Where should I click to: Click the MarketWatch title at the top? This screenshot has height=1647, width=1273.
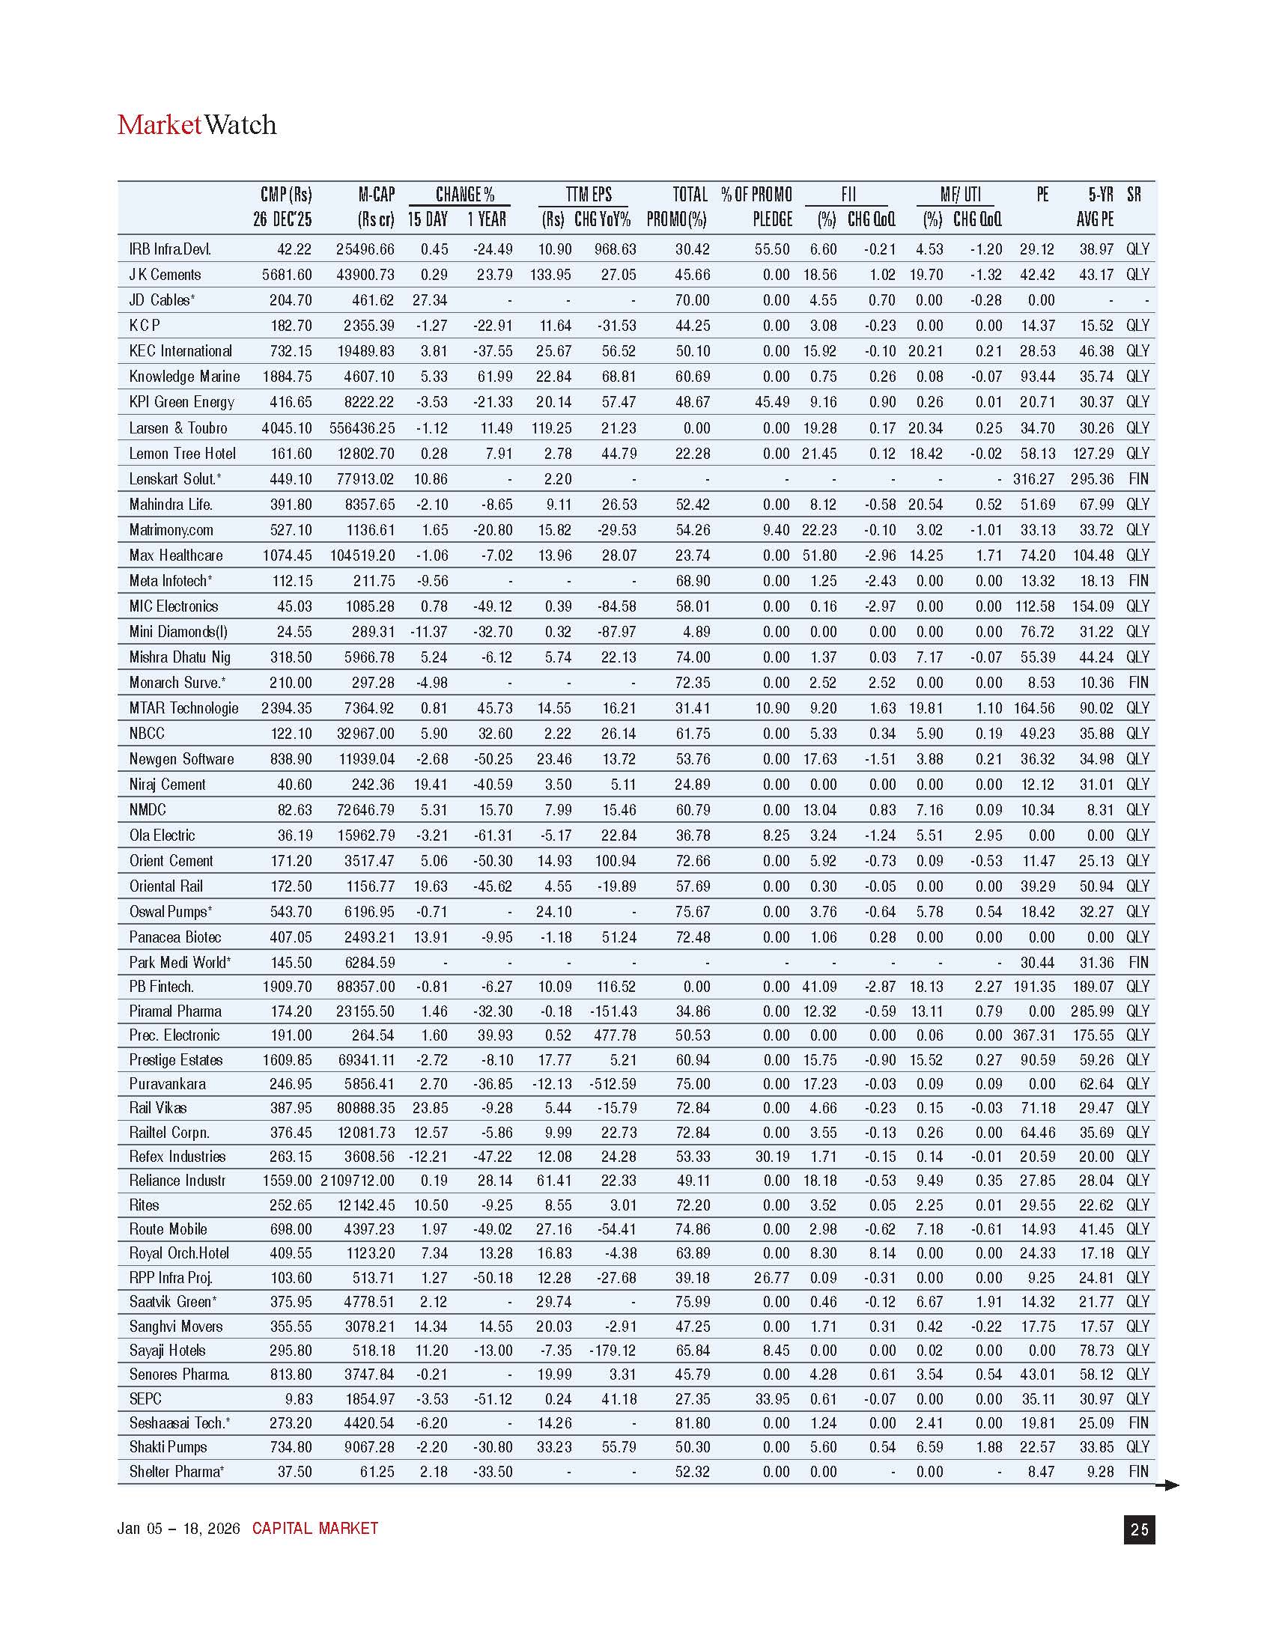click(197, 125)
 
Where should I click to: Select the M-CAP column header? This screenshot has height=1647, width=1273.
click(377, 195)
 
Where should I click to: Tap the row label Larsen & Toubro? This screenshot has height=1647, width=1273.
click(178, 428)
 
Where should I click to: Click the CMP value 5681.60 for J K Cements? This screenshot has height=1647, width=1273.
click(287, 275)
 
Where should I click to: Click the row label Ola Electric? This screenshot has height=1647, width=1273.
click(162, 835)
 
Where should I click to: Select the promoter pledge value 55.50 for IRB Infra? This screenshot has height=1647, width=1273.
click(772, 249)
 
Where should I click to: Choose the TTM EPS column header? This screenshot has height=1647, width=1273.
click(589, 195)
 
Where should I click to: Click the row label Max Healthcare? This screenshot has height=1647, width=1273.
click(176, 555)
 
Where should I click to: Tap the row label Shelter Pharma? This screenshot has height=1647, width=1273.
click(177, 1472)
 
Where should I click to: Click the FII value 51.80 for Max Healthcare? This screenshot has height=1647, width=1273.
click(820, 555)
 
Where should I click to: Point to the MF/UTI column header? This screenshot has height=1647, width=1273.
click(960, 195)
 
